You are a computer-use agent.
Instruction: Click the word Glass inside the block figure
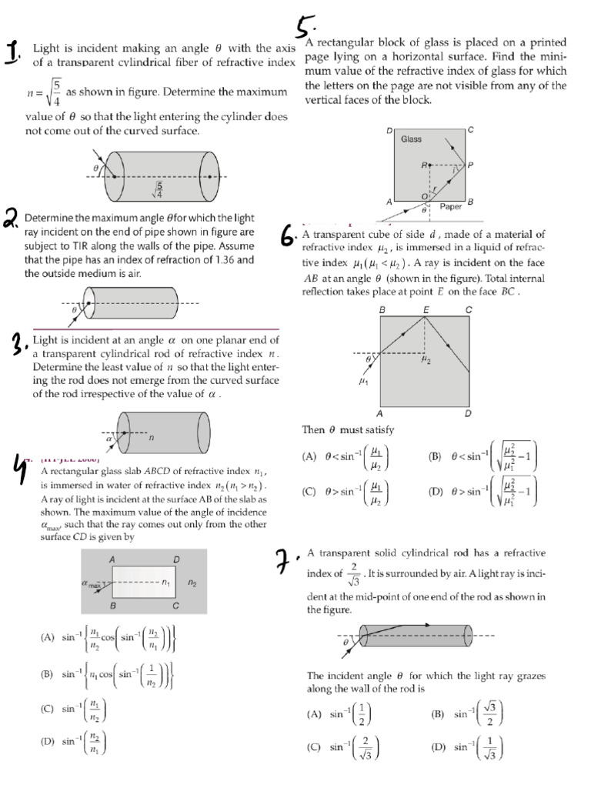pyautogui.click(x=411, y=139)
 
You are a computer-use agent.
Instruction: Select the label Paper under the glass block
pyautogui.click(x=450, y=206)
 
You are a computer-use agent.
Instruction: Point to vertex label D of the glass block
pyautogui.click(x=389, y=130)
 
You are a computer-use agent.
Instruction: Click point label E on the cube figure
pyautogui.click(x=426, y=309)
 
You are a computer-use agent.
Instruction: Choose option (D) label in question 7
pyautogui.click(x=439, y=746)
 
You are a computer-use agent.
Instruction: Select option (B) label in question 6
pyautogui.click(x=436, y=456)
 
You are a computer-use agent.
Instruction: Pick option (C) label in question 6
pyautogui.click(x=309, y=492)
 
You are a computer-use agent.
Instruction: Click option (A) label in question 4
pyautogui.click(x=48, y=637)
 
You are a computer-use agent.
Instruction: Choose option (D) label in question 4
pyautogui.click(x=48, y=741)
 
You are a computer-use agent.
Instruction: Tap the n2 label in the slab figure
pyautogui.click(x=192, y=583)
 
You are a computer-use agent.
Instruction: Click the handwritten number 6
pyautogui.click(x=288, y=235)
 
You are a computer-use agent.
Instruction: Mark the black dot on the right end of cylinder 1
pyautogui.click(x=209, y=176)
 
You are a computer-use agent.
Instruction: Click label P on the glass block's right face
pyautogui.click(x=470, y=165)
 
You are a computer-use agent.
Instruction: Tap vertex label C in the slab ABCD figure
pyautogui.click(x=175, y=606)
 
